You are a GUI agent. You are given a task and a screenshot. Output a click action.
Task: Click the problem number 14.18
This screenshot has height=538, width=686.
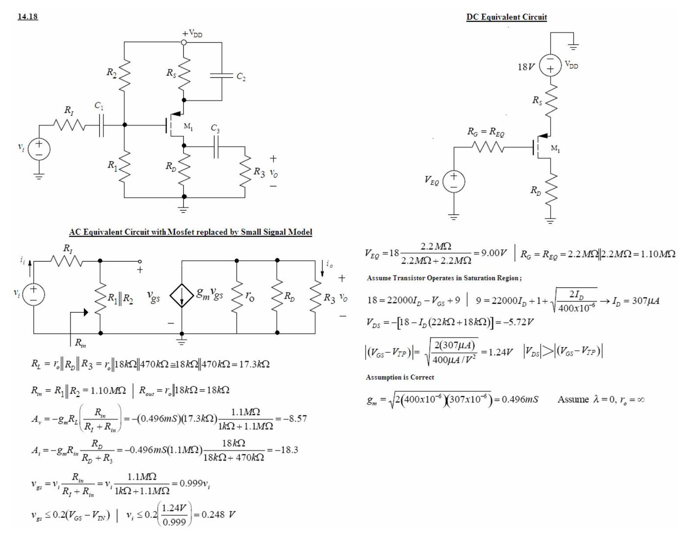pos(28,16)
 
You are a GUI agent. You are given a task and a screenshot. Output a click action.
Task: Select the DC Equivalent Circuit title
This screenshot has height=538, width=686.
pos(506,17)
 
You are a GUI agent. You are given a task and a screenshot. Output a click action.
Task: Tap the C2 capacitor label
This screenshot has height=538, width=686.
pos(241,76)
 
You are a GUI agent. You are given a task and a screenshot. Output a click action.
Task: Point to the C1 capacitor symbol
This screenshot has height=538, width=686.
pos(101,125)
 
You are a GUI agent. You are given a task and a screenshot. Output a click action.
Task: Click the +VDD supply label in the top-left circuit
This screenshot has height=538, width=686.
pos(193,33)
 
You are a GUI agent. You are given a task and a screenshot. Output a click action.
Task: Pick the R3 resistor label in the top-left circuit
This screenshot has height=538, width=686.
pos(259,172)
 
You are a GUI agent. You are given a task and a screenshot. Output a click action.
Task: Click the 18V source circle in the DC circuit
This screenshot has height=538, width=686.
pos(550,65)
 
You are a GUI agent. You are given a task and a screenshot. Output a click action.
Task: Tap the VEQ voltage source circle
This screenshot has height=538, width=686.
pos(454,181)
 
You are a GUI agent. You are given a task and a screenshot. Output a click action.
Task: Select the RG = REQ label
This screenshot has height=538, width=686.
pos(486,132)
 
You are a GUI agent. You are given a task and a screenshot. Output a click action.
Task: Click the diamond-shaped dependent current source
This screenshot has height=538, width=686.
pos(182,295)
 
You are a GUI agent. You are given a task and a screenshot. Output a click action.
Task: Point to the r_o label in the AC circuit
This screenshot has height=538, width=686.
pos(250,296)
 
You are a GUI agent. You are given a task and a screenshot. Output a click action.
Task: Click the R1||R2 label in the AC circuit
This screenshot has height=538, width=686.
pos(120,298)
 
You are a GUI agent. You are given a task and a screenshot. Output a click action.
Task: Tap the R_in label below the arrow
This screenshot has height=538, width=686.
pos(80,342)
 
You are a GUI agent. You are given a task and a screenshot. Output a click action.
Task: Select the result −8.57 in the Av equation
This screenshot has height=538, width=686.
pos(295,418)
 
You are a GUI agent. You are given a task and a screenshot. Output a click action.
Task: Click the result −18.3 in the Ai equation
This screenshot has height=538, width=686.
pos(286,449)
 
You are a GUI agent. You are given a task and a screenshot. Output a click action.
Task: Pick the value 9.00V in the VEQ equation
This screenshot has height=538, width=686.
pos(494,253)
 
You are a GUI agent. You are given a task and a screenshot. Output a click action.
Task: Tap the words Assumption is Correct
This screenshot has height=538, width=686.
pos(400,377)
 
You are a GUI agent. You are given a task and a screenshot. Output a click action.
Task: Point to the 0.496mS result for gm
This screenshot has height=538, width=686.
pos(520,399)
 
